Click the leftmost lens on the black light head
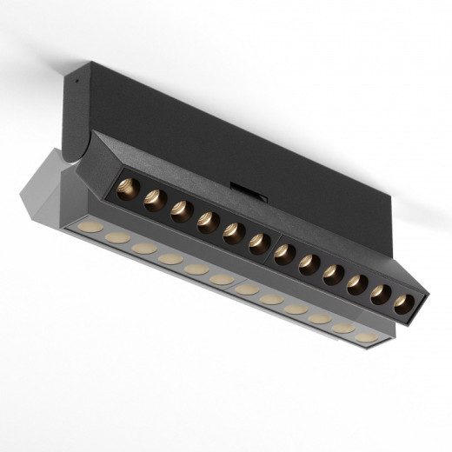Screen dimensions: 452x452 128,187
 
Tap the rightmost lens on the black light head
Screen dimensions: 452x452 403,304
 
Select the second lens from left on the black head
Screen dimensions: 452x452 155,199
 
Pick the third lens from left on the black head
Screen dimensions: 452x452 181,211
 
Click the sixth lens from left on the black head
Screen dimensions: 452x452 259,244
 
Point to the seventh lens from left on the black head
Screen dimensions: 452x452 284,255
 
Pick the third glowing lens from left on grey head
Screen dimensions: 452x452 144,249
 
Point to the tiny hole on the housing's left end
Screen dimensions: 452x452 76,76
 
